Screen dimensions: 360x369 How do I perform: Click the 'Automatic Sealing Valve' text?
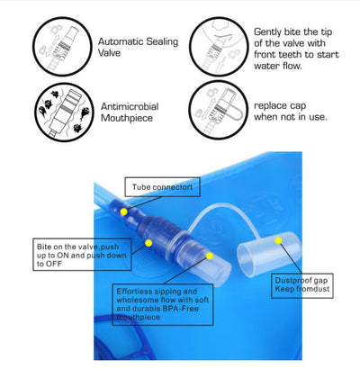coord(138,47)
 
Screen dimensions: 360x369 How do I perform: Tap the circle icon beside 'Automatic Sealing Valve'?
coord(62,47)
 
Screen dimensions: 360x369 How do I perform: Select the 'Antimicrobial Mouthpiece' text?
coord(130,112)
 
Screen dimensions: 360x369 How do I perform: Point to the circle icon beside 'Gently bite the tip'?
coord(219,47)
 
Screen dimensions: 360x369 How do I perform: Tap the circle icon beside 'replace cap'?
coord(219,110)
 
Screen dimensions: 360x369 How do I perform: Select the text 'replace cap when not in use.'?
coord(291,111)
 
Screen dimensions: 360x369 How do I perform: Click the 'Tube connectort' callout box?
coord(162,187)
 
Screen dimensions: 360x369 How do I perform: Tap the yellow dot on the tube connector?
coord(123,211)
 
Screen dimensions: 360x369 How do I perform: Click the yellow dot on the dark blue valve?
coord(148,243)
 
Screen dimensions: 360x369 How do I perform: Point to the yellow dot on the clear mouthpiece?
coord(210,256)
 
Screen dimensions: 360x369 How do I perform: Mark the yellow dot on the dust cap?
coord(278,240)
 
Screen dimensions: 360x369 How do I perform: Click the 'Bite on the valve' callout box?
coord(82,255)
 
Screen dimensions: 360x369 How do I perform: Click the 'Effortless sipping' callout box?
coord(163,304)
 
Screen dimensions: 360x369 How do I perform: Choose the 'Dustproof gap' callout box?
coord(302,285)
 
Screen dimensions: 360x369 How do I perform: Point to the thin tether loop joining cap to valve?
coord(223,207)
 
